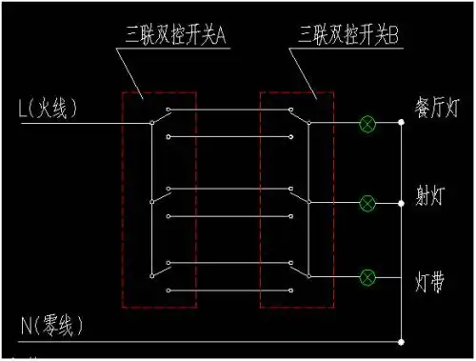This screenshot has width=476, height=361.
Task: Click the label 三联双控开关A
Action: tap(176, 37)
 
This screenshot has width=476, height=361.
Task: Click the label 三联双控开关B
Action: tap(347, 37)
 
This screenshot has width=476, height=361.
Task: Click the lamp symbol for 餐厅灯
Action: tap(367, 123)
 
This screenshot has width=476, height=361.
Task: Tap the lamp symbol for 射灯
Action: tap(367, 202)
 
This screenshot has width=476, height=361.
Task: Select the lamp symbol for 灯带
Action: tap(367, 277)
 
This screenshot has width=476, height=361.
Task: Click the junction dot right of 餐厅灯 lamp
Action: tap(401, 123)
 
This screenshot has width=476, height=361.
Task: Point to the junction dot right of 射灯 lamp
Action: tap(401, 202)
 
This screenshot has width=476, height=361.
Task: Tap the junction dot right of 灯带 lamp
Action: tap(401, 277)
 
